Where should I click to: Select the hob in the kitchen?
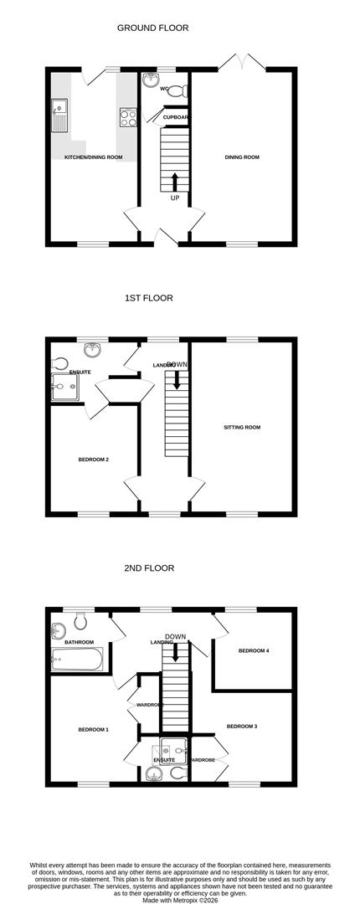(128, 118)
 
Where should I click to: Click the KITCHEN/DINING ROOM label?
(94, 157)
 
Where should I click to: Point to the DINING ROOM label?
(242, 157)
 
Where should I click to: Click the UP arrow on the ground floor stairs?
(174, 182)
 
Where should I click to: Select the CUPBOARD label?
(176, 117)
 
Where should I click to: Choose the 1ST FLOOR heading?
(148, 298)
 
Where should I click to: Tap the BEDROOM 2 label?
(94, 459)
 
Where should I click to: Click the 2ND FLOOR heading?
(148, 568)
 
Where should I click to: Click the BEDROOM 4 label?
(254, 650)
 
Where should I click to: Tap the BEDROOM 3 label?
(241, 726)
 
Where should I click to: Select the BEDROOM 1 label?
(94, 730)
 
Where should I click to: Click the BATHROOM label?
(79, 642)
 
